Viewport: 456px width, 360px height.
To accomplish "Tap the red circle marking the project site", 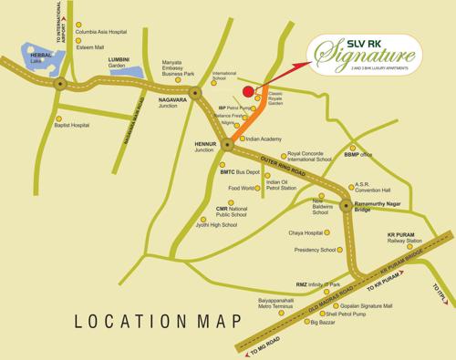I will pyautogui.click(x=249, y=90).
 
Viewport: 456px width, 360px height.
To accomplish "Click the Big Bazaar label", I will pyautogui.click(x=325, y=322).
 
